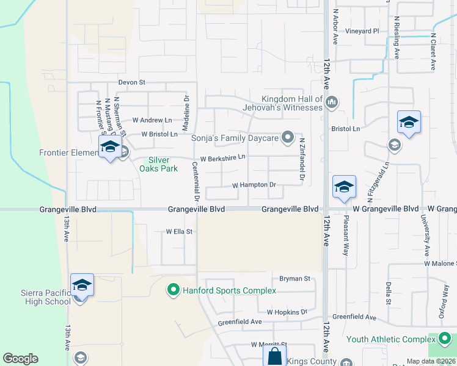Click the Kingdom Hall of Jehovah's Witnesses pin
point(332,102)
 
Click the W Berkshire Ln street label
point(222,157)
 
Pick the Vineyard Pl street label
point(362,31)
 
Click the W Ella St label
point(179,232)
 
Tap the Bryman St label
point(295,279)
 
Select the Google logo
point(20,359)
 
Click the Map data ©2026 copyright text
point(430,362)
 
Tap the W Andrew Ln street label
point(152,120)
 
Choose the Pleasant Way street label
point(346,235)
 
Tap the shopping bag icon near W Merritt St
point(274,356)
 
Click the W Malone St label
point(440,264)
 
